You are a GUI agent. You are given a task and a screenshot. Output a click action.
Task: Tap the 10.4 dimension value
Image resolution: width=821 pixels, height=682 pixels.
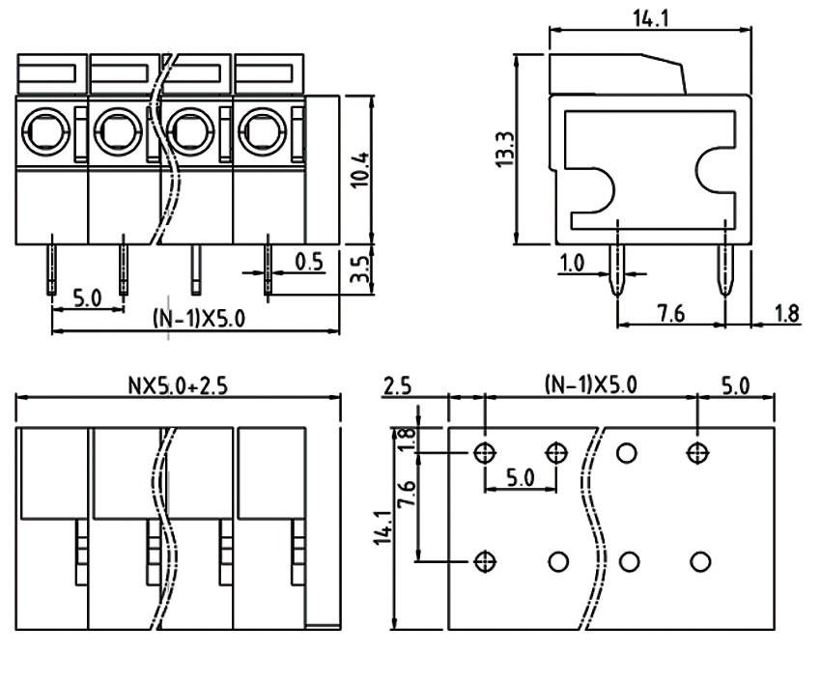360,169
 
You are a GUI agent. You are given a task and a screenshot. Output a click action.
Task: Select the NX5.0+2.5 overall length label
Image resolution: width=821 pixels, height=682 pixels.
181,385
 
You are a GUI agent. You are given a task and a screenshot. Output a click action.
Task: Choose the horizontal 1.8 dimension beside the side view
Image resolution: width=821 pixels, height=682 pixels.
787,312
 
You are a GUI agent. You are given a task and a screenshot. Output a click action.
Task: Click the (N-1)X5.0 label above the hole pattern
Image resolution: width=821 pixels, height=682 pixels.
591,385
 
